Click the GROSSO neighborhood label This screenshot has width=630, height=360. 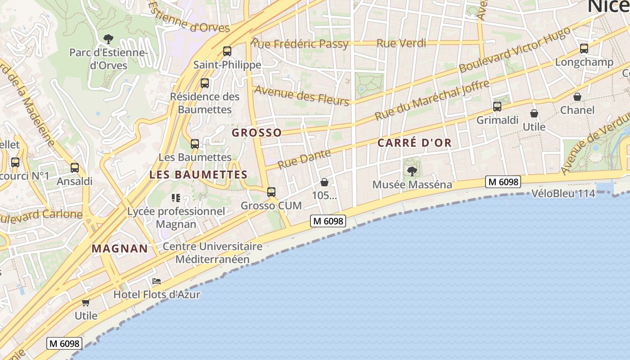256,133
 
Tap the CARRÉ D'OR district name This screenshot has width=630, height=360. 414,143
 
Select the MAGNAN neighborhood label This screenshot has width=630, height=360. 120,248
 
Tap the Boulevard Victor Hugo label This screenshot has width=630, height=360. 515,49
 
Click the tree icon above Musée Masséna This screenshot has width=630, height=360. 412,171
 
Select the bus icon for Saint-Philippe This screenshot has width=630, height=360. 227,51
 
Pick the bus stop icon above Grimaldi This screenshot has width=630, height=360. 497,107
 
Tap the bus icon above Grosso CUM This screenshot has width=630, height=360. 271,192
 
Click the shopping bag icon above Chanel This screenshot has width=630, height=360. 577,97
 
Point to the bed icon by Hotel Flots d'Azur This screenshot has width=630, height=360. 157,281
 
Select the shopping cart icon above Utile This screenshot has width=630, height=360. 86,302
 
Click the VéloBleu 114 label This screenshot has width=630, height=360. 563,193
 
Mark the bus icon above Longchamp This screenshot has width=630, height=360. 584,49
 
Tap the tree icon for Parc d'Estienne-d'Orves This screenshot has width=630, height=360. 108,39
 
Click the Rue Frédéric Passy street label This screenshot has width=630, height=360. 300,44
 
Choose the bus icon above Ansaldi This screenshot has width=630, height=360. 75,168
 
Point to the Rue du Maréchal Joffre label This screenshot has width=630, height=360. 432,100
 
